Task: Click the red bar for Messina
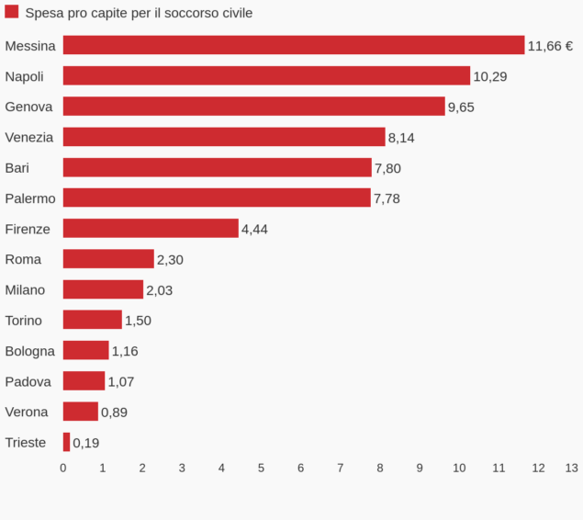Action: (x=293, y=45)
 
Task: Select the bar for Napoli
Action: (x=266, y=76)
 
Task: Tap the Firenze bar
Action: (x=151, y=229)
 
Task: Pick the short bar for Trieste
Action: (x=66, y=442)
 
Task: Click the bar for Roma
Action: (x=108, y=259)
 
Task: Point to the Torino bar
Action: (x=92, y=320)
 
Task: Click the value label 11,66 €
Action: (x=549, y=46)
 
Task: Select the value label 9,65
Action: (x=461, y=107)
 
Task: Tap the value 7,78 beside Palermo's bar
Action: (x=387, y=198)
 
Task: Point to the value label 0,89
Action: (x=114, y=413)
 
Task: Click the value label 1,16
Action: (x=125, y=351)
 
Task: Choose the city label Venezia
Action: (x=28, y=137)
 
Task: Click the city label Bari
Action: (x=17, y=167)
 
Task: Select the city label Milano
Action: (x=25, y=289)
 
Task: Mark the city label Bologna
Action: (x=29, y=351)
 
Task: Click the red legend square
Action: (x=12, y=12)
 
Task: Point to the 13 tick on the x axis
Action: (x=571, y=468)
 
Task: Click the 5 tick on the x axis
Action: (x=261, y=468)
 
